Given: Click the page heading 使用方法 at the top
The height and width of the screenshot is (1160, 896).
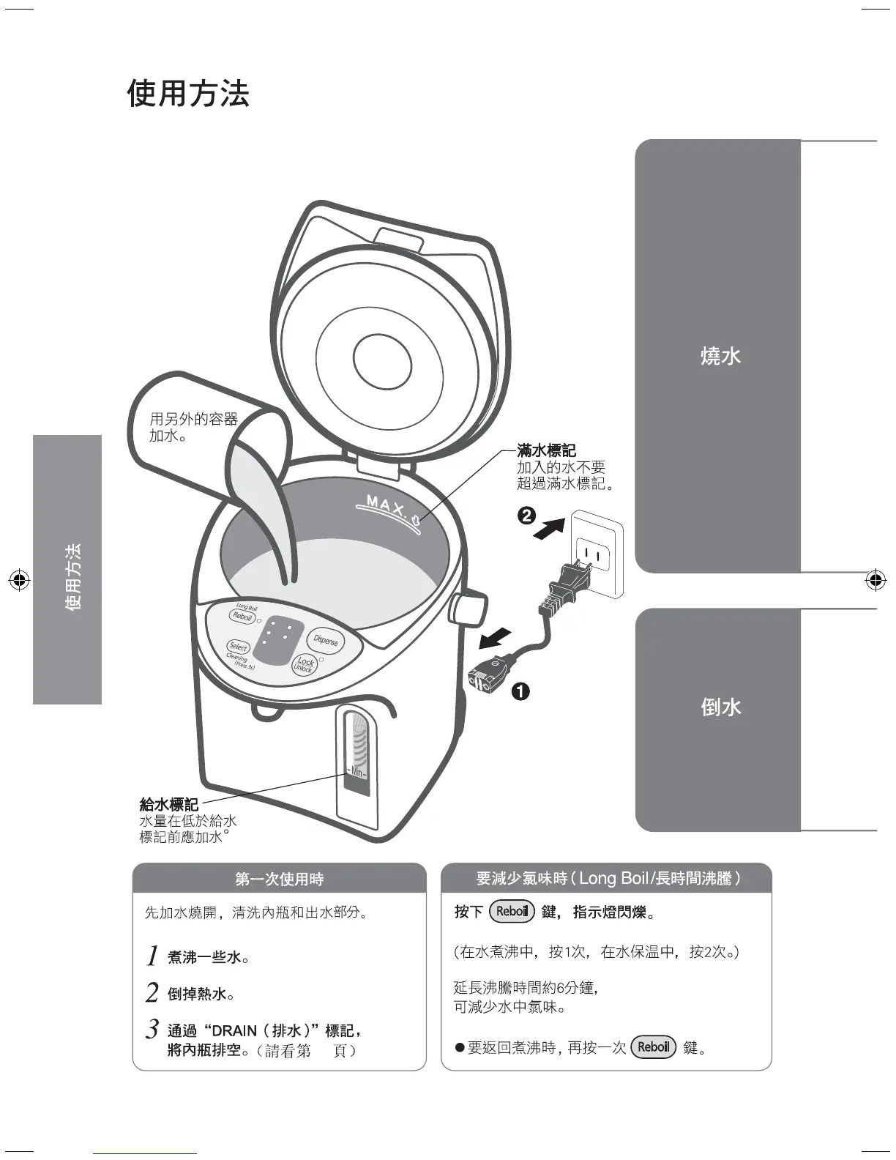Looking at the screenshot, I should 188,94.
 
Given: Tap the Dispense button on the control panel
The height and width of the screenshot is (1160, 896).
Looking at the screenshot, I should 326,640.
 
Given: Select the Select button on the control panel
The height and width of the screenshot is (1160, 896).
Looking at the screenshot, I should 238,647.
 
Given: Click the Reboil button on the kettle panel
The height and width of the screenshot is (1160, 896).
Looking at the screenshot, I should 242,616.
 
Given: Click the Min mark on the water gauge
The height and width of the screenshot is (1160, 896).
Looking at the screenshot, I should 356,773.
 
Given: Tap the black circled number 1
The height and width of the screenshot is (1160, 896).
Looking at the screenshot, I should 520,691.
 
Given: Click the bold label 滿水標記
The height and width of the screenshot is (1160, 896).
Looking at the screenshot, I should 546,451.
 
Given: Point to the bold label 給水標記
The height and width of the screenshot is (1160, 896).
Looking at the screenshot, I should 169,805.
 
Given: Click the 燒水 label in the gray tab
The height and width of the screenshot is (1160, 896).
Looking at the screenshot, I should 721,356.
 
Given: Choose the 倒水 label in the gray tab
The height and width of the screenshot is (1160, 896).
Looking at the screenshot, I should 721,707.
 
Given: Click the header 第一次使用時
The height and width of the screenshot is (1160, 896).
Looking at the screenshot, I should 280,879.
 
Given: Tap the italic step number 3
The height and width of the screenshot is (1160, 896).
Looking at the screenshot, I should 152,1029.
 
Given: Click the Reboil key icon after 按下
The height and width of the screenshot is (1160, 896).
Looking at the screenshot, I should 512,912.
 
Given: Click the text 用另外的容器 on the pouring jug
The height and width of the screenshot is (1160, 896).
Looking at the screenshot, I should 194,420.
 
